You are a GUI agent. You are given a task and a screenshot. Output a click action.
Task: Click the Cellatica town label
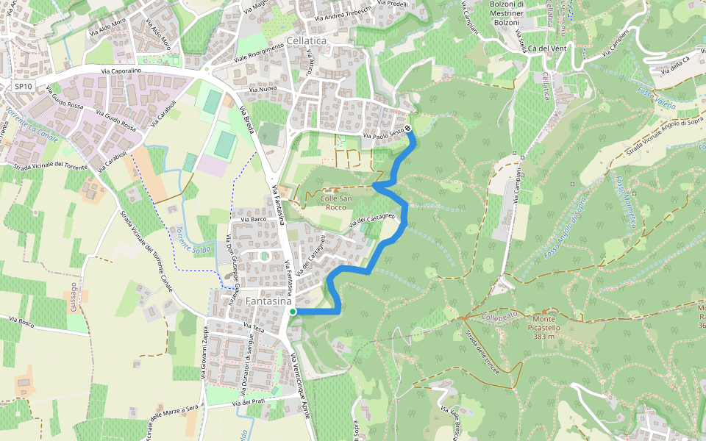coord(306,41)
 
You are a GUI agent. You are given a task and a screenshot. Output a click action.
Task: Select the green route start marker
coord(293,312)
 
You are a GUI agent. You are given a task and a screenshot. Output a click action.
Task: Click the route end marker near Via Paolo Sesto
coord(408,128)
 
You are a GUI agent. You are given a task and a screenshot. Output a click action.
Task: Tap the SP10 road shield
coord(23,86)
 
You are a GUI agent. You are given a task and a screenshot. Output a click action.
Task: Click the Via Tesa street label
coord(253,326)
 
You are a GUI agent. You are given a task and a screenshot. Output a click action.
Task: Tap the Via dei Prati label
coord(249,403)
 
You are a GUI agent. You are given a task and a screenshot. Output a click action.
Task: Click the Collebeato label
coord(500,317)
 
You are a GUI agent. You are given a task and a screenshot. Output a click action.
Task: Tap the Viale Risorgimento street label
coord(259,54)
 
